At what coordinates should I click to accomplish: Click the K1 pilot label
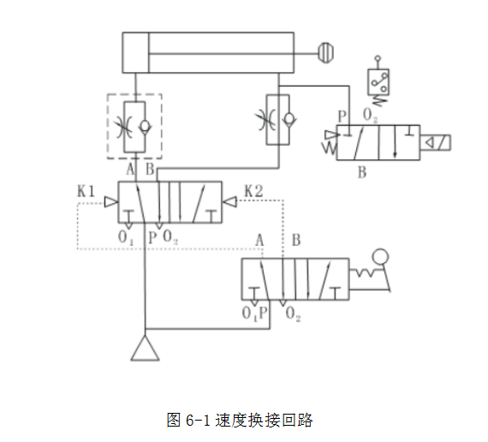86,191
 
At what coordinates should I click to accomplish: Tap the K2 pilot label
253,191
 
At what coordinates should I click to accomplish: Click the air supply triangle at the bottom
145,349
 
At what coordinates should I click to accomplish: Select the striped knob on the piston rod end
326,53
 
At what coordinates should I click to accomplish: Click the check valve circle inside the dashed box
145,126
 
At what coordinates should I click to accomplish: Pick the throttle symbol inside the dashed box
124,127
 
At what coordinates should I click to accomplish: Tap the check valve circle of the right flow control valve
289,118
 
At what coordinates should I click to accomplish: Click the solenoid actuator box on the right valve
435,143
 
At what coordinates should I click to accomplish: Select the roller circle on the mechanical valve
380,257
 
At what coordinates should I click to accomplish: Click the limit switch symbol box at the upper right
378,82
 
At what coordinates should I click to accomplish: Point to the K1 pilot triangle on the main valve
110,202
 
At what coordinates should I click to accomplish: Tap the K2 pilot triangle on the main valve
229,202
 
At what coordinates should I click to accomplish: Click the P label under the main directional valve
152,237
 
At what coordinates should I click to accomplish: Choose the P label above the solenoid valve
342,116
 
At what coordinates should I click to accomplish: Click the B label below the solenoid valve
362,172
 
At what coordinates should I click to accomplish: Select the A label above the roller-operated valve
259,241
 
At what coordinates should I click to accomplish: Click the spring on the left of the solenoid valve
330,148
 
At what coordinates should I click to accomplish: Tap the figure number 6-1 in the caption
198,421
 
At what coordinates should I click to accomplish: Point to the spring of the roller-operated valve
365,273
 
